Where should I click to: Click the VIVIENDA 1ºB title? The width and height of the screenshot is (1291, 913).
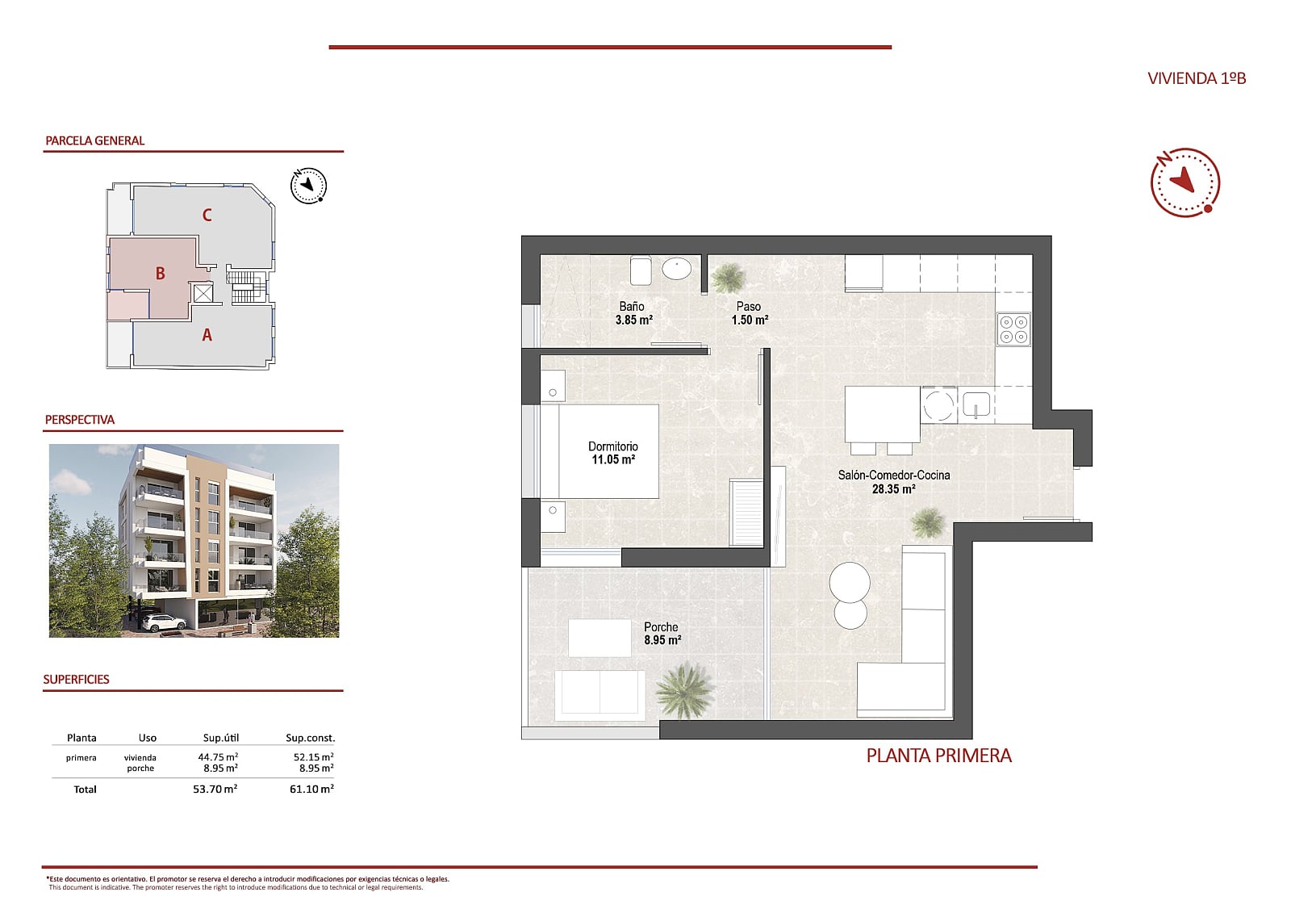point(1196,78)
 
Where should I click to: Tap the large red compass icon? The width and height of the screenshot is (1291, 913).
point(1184,182)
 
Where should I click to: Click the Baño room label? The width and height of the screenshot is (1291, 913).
point(632,307)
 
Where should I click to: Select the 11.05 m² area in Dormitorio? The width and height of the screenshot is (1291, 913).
point(613,460)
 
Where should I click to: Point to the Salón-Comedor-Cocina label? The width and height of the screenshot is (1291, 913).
point(893,475)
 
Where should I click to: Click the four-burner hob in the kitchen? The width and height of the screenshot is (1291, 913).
point(1013,329)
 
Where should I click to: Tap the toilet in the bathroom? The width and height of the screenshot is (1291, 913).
point(641,270)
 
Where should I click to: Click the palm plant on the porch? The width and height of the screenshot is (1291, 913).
point(684,690)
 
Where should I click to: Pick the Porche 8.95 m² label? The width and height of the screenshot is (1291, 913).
point(662,633)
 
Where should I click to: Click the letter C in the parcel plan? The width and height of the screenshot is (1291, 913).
point(207,216)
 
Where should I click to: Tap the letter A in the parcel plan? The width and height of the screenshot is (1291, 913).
point(207,335)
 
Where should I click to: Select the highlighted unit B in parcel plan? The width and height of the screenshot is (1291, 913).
point(160,274)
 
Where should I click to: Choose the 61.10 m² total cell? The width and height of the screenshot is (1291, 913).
point(311,789)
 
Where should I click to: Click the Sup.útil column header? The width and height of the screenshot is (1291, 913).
point(220,738)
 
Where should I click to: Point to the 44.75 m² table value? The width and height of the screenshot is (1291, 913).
point(218,757)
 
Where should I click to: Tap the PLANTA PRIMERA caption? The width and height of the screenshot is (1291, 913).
point(938,756)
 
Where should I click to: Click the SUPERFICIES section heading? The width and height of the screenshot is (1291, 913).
point(76,680)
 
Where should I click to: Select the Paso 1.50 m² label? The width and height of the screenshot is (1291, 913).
point(749,313)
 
